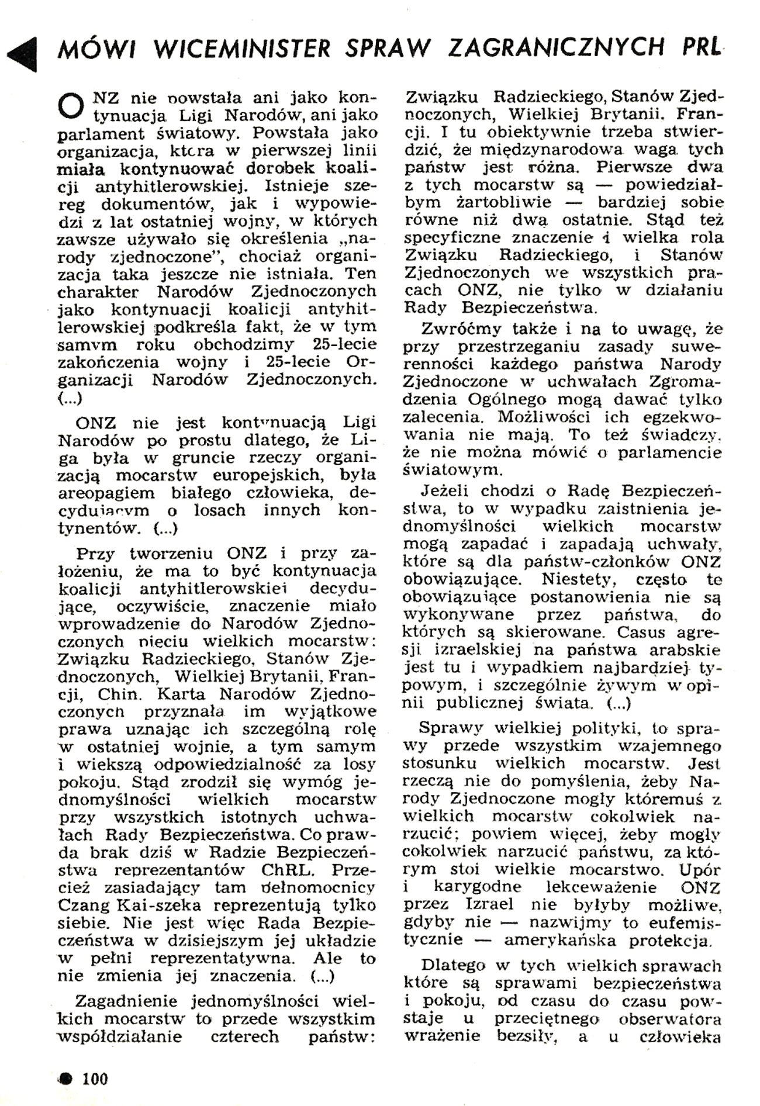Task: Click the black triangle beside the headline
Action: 23,54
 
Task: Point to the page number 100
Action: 95,1079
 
